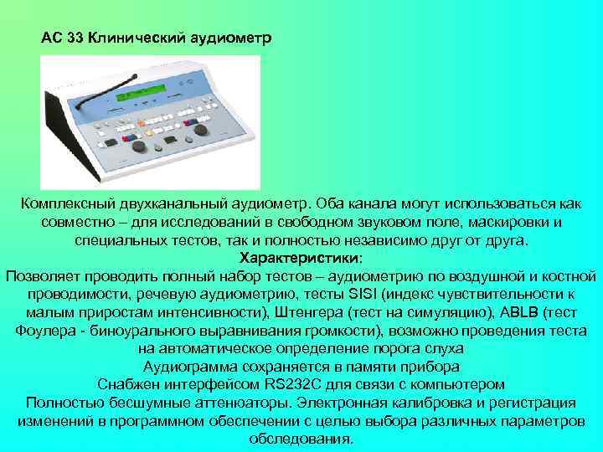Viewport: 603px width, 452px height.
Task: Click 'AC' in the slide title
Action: pos(51,39)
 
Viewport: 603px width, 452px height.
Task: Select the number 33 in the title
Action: pos(73,39)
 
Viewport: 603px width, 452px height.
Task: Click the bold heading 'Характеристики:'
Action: pos(301,257)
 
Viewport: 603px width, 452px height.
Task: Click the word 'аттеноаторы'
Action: pos(243,403)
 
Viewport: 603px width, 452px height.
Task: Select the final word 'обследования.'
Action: pos(301,439)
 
